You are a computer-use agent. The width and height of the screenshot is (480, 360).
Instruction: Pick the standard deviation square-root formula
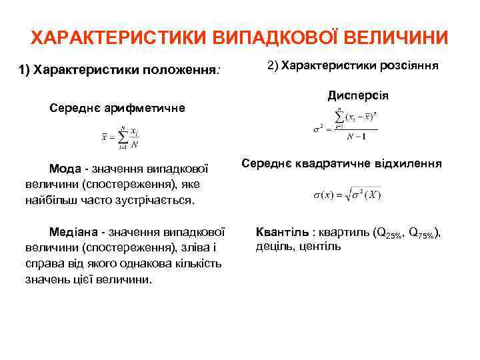point(347,195)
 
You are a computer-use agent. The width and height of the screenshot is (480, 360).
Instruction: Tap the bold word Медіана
point(74,232)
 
